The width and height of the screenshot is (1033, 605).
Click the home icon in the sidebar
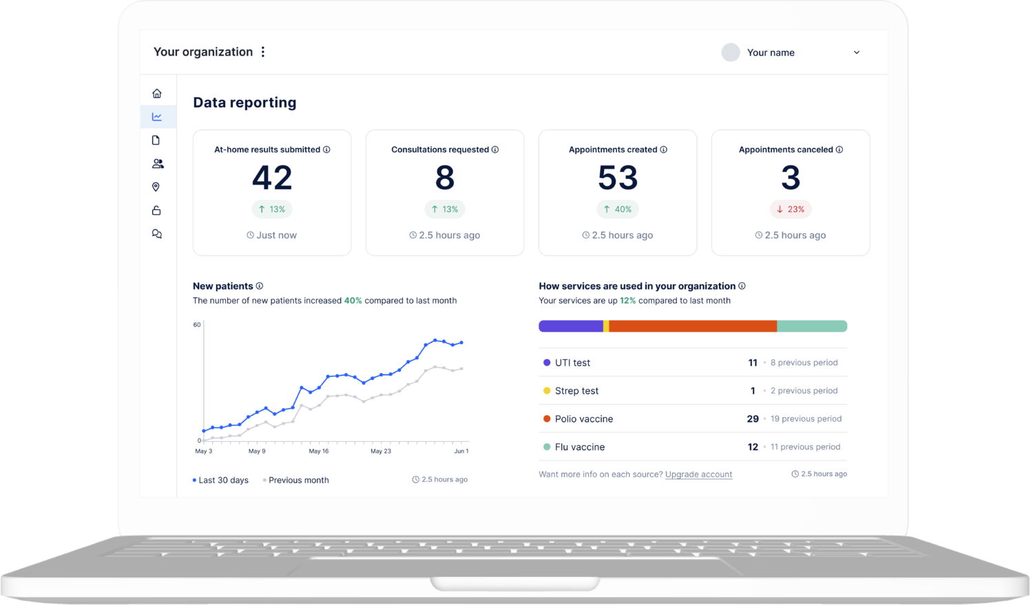157,94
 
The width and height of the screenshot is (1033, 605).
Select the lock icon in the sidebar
156,211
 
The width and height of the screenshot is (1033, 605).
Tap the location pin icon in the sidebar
156,187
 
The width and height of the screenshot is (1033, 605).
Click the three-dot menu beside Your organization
263,52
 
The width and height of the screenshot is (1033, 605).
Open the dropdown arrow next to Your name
857,52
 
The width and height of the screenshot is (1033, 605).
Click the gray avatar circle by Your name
731,52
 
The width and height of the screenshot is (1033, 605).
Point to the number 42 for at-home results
272,178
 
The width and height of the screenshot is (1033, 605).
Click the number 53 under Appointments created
618,178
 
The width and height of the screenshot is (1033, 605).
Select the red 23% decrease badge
791,209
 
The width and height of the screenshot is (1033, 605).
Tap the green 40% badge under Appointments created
618,209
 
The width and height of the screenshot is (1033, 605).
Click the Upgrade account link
698,474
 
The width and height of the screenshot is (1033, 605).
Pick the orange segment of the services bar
693,326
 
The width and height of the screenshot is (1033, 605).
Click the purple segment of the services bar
570,326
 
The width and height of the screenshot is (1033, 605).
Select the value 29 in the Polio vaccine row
753,418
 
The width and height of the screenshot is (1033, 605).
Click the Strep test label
576,391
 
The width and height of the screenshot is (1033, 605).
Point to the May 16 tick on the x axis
319,451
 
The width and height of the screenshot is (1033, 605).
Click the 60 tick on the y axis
197,325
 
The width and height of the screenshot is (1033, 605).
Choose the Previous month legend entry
298,480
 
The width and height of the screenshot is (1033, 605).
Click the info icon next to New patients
260,286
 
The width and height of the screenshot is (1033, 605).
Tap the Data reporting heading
244,103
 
